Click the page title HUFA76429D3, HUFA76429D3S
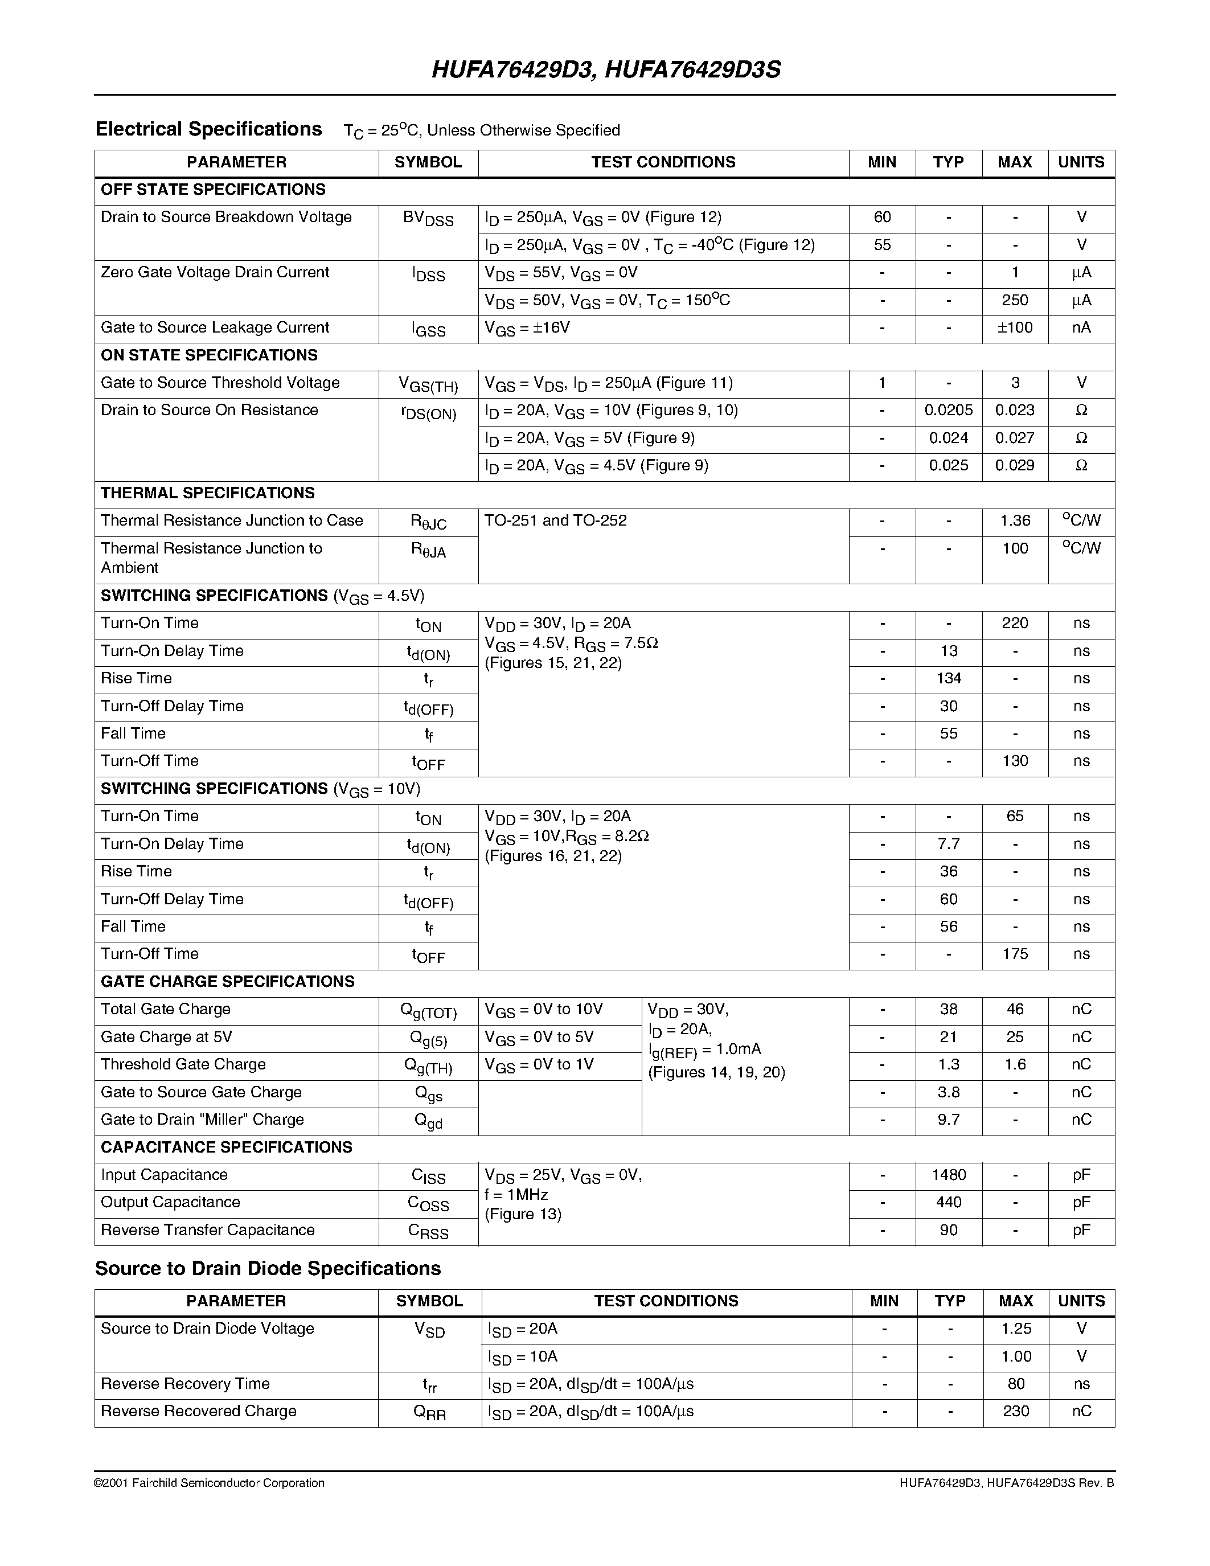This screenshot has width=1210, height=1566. coord(606,69)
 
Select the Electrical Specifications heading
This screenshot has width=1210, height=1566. coord(208,129)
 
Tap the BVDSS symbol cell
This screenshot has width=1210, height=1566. coord(428,219)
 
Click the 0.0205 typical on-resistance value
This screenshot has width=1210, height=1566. coord(949,410)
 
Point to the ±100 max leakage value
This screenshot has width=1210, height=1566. coord(1014,327)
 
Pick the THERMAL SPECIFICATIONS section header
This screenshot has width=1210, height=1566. coord(208,493)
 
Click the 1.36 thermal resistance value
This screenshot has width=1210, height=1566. coord(1014,520)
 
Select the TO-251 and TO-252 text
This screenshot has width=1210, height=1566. coord(556,520)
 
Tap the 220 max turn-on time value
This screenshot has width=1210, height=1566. coord(1014,623)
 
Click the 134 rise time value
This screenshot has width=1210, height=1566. coord(949,678)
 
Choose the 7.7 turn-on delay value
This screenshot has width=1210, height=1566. coord(949,844)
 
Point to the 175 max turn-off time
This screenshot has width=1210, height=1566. coord(1014,954)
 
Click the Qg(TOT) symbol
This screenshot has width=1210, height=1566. coord(428,1011)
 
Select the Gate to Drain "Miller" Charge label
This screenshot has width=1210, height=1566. coord(202,1120)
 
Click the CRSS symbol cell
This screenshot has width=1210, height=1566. coord(428,1232)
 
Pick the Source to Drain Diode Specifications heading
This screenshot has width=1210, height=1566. coord(268,1268)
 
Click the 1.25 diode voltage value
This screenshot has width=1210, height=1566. coord(1016,1329)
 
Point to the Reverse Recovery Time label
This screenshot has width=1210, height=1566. coord(185,1384)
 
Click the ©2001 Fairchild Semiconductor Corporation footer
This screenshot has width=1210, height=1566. coord(210,1483)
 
